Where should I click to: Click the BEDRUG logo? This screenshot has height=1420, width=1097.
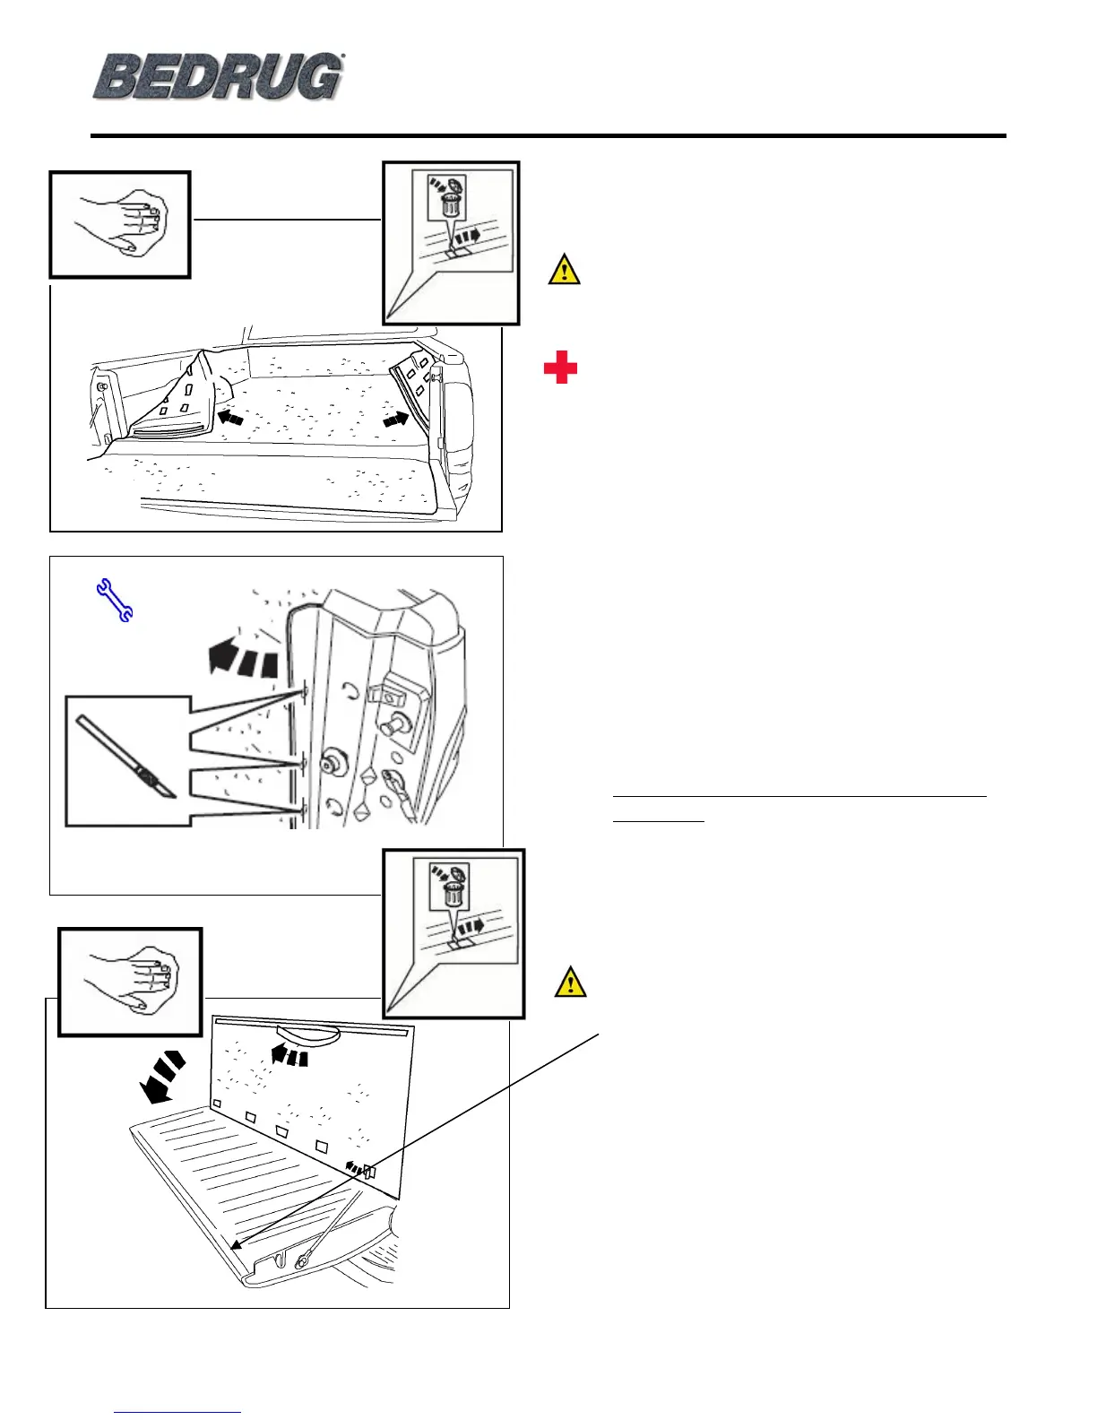(x=218, y=77)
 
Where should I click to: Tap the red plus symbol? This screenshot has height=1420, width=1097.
(x=560, y=368)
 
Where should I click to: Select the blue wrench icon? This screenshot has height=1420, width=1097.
(x=114, y=600)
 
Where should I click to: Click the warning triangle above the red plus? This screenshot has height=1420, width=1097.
(x=564, y=270)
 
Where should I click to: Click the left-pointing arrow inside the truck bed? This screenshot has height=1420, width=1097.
(x=230, y=417)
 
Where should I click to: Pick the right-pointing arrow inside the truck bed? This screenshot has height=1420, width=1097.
(x=399, y=419)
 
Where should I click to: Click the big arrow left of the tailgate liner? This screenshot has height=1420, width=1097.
(x=162, y=1078)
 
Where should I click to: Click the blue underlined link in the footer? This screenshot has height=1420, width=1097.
(x=178, y=1412)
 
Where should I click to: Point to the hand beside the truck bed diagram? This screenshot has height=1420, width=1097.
(x=120, y=225)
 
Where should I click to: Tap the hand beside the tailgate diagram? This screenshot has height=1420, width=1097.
(x=131, y=982)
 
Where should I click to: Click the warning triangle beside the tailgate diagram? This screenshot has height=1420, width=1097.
(x=571, y=983)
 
